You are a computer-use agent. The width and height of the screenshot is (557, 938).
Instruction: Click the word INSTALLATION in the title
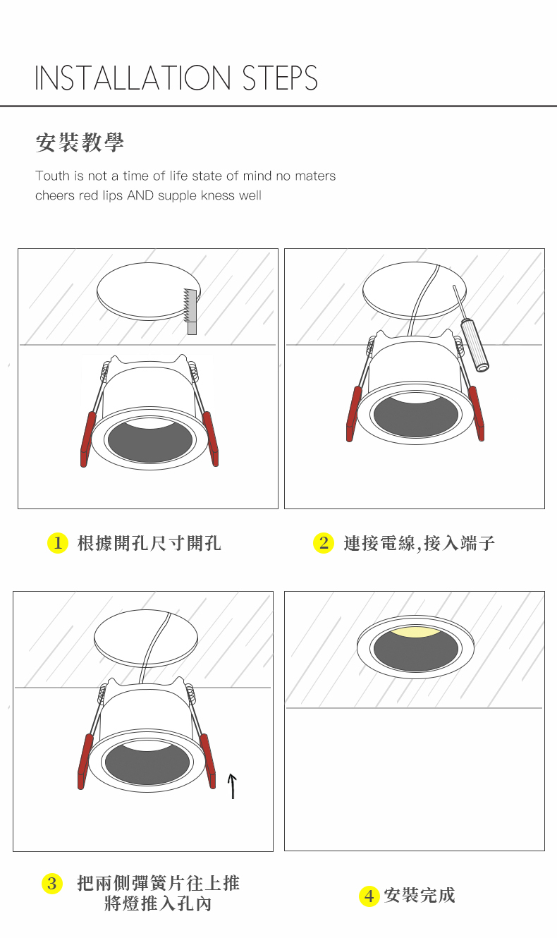[133, 78]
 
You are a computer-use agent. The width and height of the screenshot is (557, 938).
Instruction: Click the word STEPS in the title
[280, 78]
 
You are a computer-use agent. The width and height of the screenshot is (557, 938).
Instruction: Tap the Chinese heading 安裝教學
[80, 142]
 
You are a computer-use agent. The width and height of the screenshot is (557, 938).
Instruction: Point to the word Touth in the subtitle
[52, 176]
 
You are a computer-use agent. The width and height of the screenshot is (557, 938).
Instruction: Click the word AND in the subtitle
[140, 195]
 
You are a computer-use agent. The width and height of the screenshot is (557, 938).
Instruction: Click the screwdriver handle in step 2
[475, 346]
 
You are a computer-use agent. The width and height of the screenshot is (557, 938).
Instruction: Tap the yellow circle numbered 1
[58, 543]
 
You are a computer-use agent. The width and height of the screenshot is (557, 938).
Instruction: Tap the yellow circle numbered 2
[324, 543]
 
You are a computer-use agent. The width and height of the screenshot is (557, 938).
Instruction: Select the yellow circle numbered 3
[52, 884]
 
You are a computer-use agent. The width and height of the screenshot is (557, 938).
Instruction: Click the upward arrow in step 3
[232, 786]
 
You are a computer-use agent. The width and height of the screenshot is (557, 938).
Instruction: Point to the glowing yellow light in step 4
[415, 632]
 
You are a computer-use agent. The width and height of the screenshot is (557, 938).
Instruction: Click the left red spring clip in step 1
[87, 439]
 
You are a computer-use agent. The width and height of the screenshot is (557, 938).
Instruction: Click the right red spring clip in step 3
[208, 761]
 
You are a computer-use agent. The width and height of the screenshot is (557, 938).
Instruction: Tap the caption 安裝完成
[420, 895]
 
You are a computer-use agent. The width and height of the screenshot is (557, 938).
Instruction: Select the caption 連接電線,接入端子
[420, 543]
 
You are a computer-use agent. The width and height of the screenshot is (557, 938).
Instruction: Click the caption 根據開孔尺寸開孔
[149, 543]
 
